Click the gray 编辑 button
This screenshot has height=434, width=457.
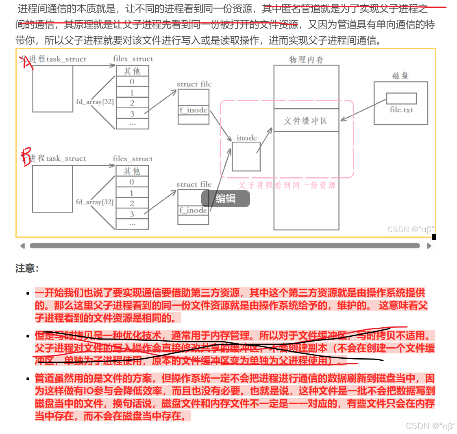coord(226,199)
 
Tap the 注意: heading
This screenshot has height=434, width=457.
coord(27,268)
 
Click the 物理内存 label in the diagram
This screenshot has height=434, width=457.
coord(307,59)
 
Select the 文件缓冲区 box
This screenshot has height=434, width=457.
coord(306,121)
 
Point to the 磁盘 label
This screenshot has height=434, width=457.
coord(400,76)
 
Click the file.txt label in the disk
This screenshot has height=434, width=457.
coord(401,110)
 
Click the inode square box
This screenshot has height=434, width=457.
coord(246,156)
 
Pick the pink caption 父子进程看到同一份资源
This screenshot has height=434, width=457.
coord(287,185)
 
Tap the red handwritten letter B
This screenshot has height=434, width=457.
coord(26,157)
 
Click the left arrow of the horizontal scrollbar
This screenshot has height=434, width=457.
coord(22,246)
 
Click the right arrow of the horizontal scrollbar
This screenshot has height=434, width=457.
coord(429,246)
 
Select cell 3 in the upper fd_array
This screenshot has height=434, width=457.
coord(132,114)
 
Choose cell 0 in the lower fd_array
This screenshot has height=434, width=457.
coord(132,182)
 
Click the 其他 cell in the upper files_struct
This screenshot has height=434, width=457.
coord(132,71)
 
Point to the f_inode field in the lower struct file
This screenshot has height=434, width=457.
coord(194,210)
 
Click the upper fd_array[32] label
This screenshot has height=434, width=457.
coord(95,102)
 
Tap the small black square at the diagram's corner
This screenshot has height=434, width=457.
coord(434,237)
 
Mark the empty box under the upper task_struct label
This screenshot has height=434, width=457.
coord(53,89)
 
